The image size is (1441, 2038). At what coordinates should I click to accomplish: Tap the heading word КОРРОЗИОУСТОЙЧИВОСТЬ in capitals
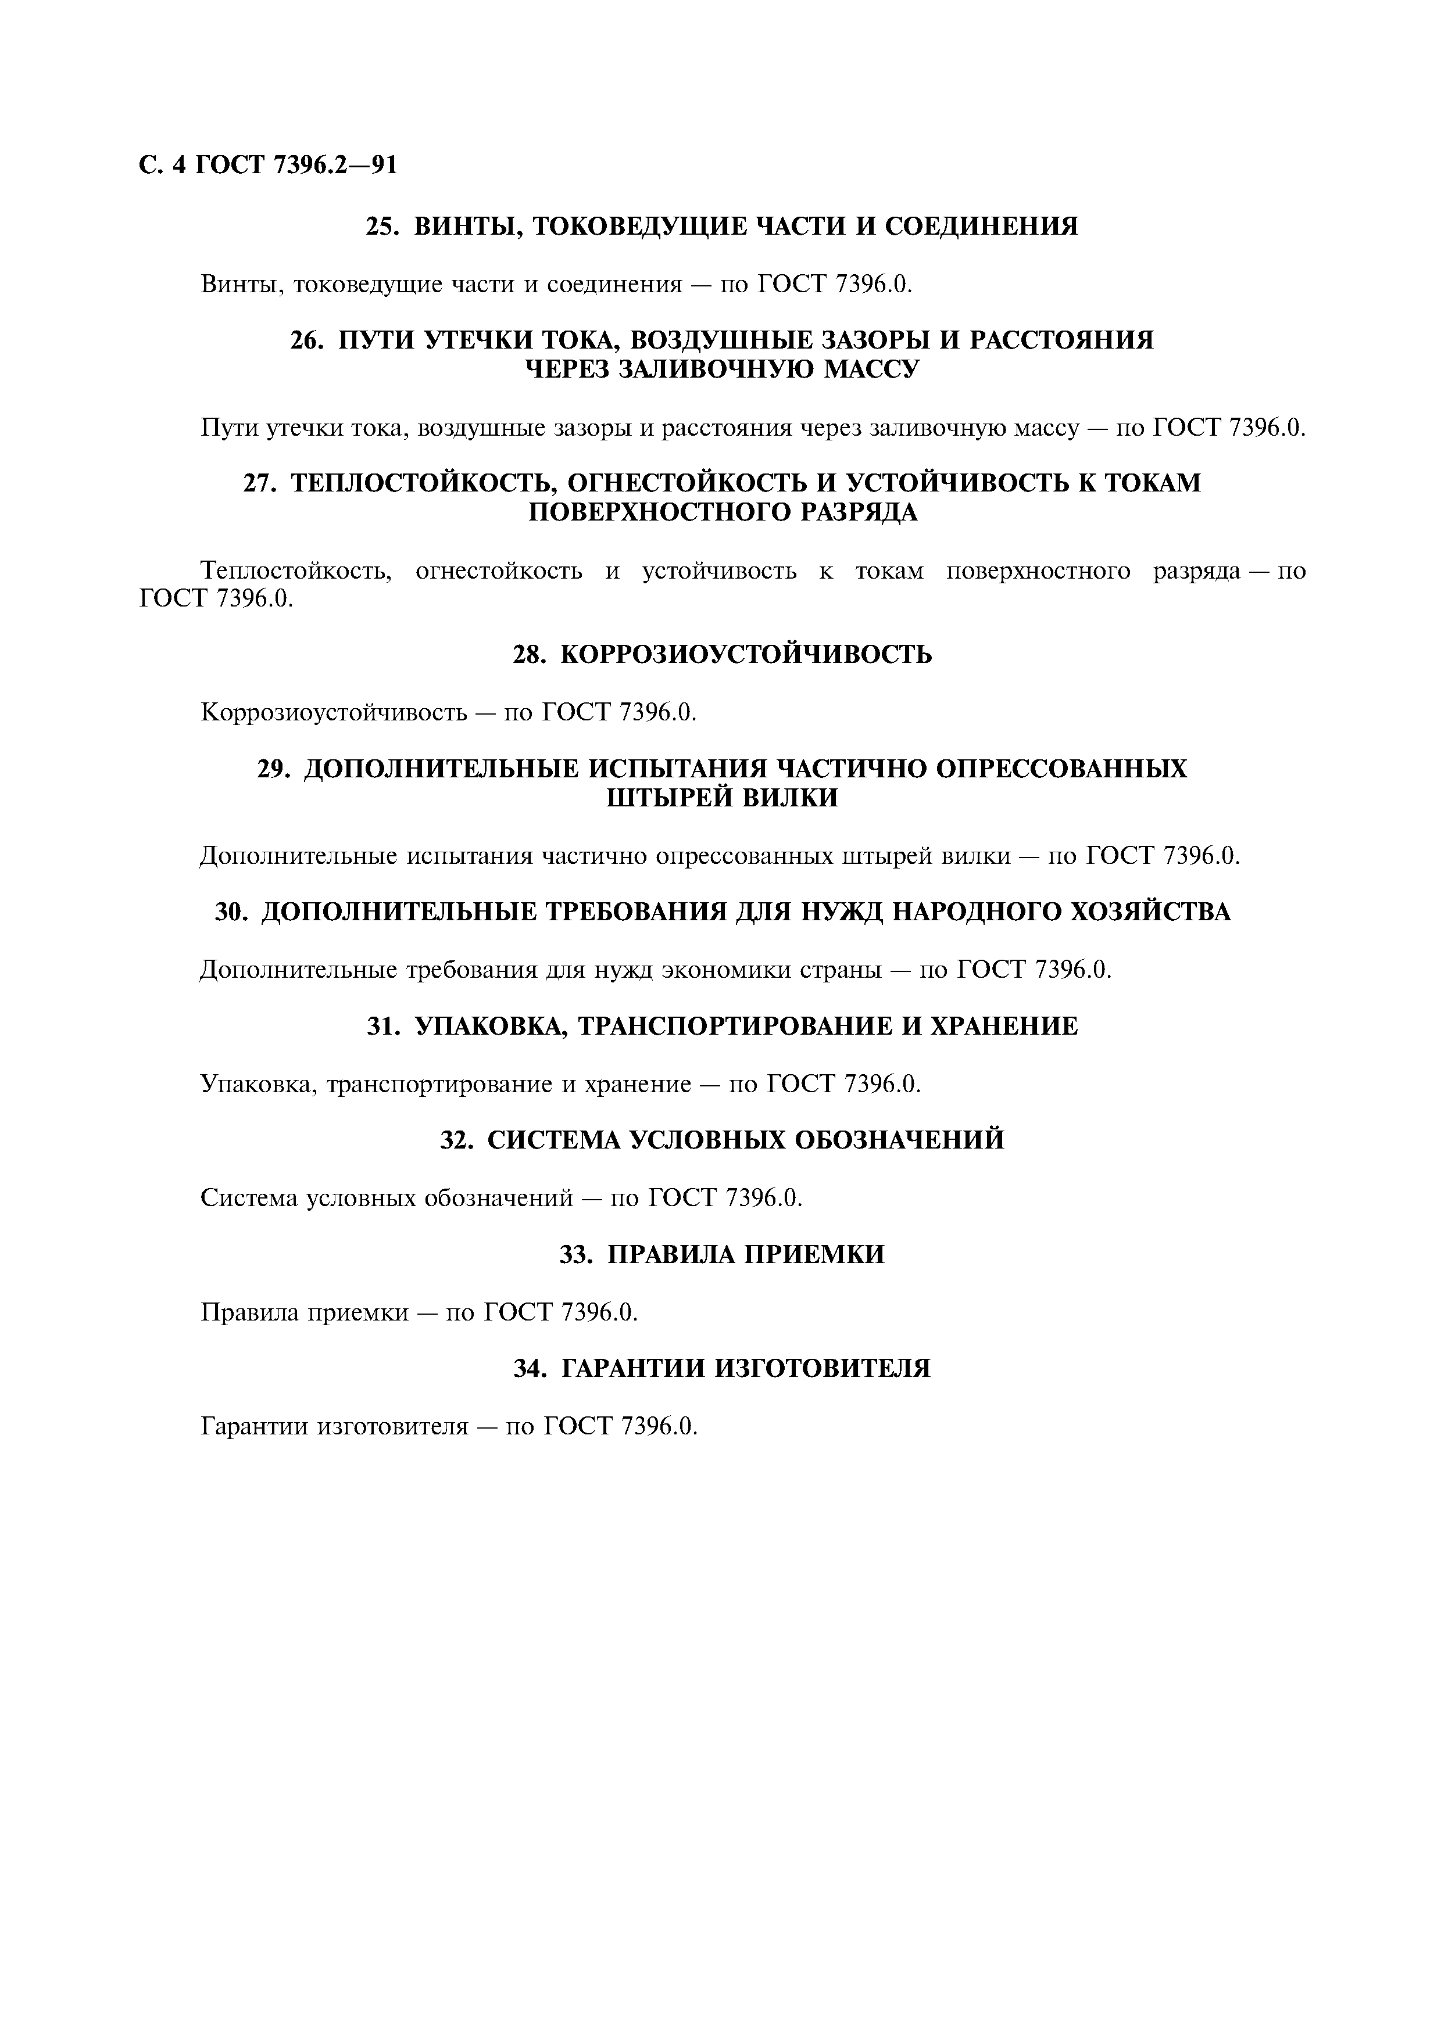(747, 655)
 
